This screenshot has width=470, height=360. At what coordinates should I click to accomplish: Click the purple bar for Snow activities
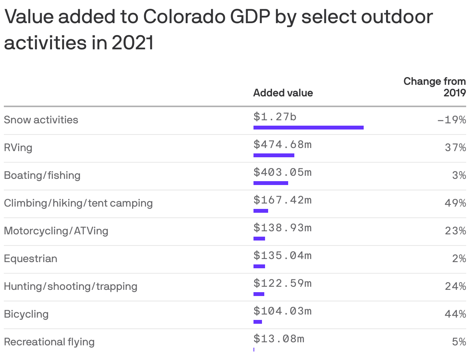308,128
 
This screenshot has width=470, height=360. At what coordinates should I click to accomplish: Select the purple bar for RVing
274,155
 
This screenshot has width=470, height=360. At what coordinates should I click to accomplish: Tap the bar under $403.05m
270,183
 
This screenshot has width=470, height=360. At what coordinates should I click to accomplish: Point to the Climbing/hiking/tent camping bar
260,211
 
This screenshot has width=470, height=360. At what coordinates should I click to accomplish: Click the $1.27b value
275,116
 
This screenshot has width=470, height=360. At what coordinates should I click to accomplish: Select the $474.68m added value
282,144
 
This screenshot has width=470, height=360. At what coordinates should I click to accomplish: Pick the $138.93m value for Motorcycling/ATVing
282,227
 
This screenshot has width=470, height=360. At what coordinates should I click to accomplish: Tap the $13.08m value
279,338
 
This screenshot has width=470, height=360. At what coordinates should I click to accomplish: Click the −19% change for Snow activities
452,120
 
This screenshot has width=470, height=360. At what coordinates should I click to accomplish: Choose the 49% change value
455,203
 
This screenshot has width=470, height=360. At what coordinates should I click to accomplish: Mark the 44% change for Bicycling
455,314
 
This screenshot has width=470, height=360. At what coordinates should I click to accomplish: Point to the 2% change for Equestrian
459,259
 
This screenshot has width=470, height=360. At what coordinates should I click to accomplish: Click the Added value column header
283,93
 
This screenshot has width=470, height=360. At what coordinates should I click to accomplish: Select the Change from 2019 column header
435,87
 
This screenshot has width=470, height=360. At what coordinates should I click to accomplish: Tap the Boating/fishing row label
42,175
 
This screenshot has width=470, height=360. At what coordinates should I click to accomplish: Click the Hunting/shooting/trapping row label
70,286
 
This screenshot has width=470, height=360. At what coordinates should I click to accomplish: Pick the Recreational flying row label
49,342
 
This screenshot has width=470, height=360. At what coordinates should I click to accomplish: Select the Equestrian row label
30,259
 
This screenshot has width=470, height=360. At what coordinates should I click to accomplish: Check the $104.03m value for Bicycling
282,311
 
